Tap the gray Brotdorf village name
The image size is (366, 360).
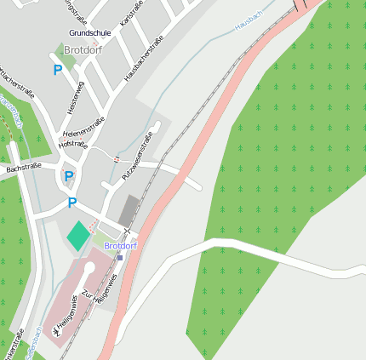(x=83, y=49)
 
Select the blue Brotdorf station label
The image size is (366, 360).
(x=120, y=245)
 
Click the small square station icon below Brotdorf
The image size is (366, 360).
(x=120, y=256)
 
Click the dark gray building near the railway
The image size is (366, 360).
(x=128, y=211)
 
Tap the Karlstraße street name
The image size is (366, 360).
(x=132, y=13)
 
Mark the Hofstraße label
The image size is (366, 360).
(x=72, y=145)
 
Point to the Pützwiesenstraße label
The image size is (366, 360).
(x=136, y=154)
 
